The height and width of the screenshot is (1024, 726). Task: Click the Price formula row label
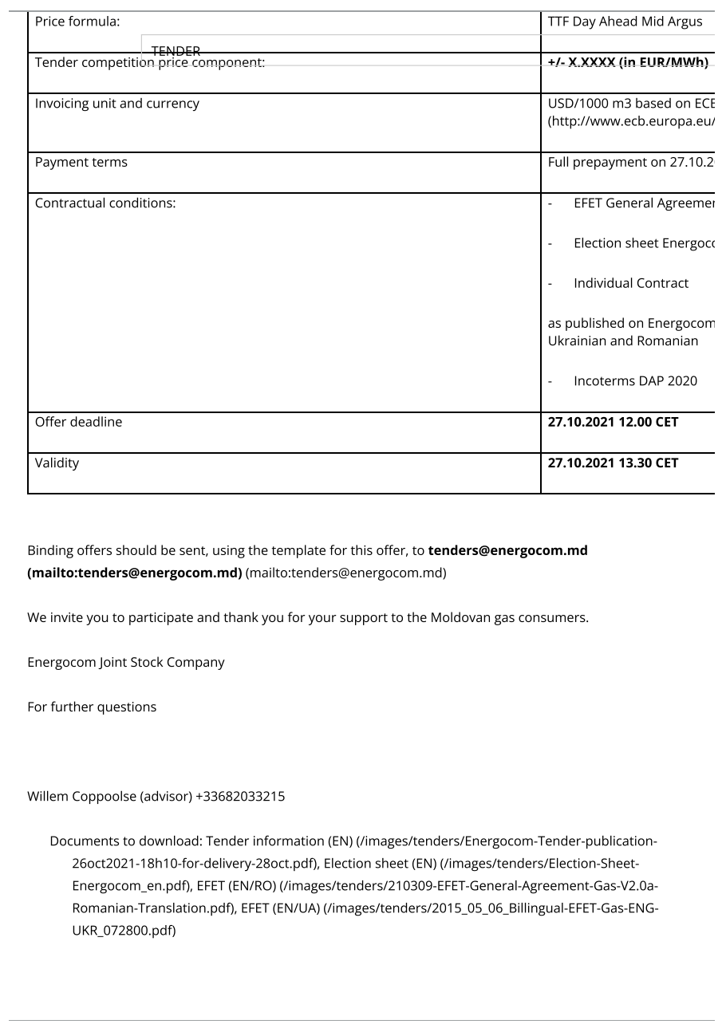[x=77, y=22]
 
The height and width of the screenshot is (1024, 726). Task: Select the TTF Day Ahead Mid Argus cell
[x=625, y=22]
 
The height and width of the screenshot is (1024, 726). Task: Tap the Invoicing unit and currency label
[x=117, y=104]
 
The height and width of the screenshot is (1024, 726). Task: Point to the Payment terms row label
[x=81, y=163]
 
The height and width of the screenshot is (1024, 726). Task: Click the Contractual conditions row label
[x=105, y=203]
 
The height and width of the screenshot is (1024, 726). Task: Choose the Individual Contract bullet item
[x=630, y=283]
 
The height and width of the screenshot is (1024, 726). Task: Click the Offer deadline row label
[x=79, y=423]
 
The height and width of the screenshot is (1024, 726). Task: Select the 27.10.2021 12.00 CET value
[x=613, y=423]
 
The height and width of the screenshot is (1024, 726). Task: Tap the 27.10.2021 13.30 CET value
[x=613, y=463]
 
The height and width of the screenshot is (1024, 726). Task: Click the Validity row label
[x=57, y=463]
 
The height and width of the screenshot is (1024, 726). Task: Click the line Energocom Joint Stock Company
[x=126, y=662]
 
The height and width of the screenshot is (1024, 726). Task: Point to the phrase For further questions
[x=92, y=707]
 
